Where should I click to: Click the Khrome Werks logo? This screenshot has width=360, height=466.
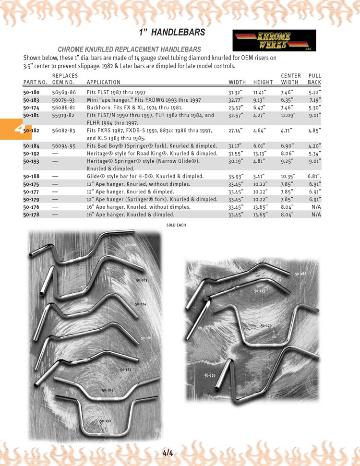click(x=274, y=40)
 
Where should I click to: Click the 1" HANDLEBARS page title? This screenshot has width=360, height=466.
click(x=172, y=33)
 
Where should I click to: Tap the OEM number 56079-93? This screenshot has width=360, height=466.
click(x=64, y=100)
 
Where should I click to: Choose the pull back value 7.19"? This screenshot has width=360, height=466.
click(x=314, y=100)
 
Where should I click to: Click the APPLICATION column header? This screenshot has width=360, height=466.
click(x=104, y=82)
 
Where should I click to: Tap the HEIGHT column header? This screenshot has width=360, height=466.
click(x=263, y=82)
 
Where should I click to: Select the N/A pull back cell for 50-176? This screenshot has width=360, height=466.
click(x=316, y=207)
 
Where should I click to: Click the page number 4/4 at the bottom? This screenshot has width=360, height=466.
click(x=168, y=452)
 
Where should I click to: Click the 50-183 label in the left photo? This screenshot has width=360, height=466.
click(x=141, y=280)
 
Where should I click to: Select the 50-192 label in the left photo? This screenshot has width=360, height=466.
click(x=106, y=420)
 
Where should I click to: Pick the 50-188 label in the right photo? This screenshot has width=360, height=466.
click(x=300, y=274)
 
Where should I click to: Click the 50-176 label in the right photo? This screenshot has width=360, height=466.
click(x=210, y=375)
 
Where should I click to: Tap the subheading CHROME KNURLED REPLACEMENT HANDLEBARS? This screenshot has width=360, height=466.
click(x=129, y=49)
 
